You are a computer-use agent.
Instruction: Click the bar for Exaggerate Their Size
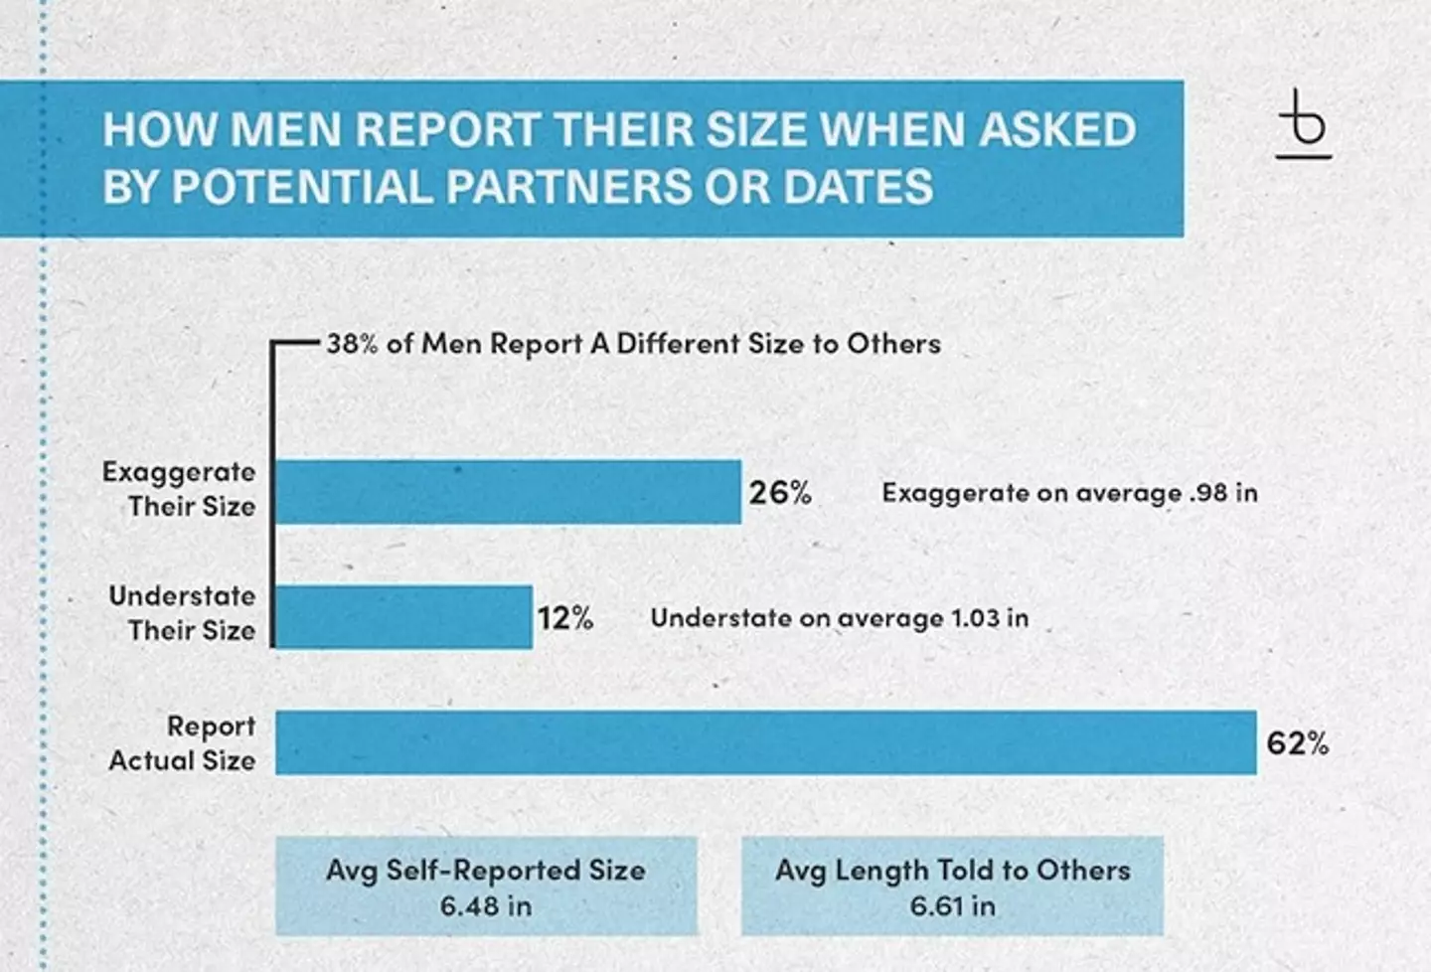(508, 492)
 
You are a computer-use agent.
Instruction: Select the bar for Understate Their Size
(403, 617)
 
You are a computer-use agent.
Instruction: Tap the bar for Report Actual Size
(765, 742)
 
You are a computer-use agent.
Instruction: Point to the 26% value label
(780, 492)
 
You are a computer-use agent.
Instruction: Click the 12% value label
(565, 618)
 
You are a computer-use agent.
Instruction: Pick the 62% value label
(1297, 743)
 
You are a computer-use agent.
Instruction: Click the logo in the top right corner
(1303, 125)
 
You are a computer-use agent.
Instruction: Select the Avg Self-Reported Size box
(486, 886)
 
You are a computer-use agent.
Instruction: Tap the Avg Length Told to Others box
(952, 886)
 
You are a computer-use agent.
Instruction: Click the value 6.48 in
(486, 906)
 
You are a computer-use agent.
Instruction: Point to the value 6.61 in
(952, 906)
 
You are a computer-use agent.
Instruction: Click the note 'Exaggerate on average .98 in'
(1069, 493)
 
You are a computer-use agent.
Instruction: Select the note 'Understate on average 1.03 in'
(839, 618)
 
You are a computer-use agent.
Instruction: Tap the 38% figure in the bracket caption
(352, 344)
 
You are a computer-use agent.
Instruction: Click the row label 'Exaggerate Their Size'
(180, 489)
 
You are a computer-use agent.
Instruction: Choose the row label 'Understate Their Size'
(183, 613)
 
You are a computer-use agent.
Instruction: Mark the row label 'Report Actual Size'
(183, 743)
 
